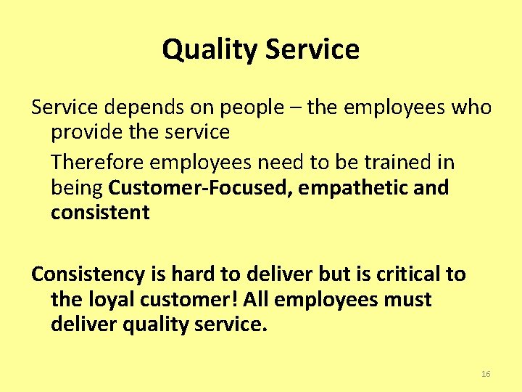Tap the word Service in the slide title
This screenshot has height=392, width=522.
[x=312, y=50]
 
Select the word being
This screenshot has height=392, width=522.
[x=77, y=188]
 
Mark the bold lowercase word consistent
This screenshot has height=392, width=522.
[x=100, y=213]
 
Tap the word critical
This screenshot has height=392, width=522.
[x=407, y=274]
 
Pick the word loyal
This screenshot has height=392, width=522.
[x=109, y=300]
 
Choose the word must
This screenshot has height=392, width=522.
[x=407, y=300]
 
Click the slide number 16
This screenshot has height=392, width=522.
[x=486, y=374]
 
